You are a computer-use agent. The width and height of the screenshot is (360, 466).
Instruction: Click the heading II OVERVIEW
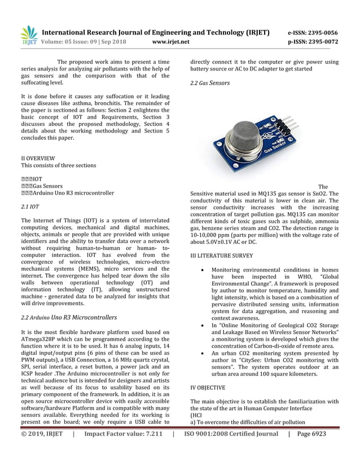click(38, 158)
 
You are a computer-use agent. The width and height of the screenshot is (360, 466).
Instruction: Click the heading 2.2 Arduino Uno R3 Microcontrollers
click(69, 317)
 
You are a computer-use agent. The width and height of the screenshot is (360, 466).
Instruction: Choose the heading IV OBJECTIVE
click(208, 388)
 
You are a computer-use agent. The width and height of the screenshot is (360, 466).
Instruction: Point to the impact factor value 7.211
click(147, 434)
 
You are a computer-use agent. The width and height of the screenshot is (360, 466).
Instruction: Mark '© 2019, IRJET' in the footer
click(42, 434)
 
